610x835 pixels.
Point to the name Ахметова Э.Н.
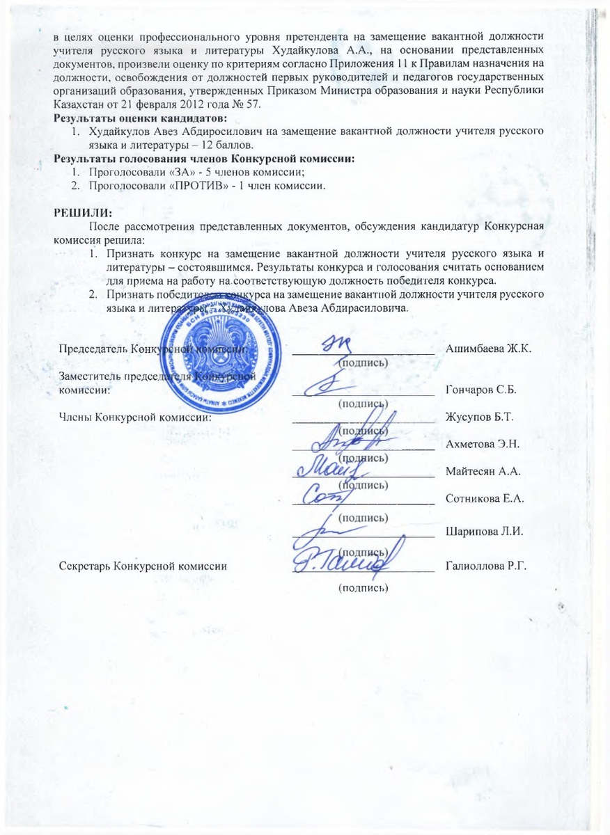pos(481,444)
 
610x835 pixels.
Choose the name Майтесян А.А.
pos(483,472)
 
